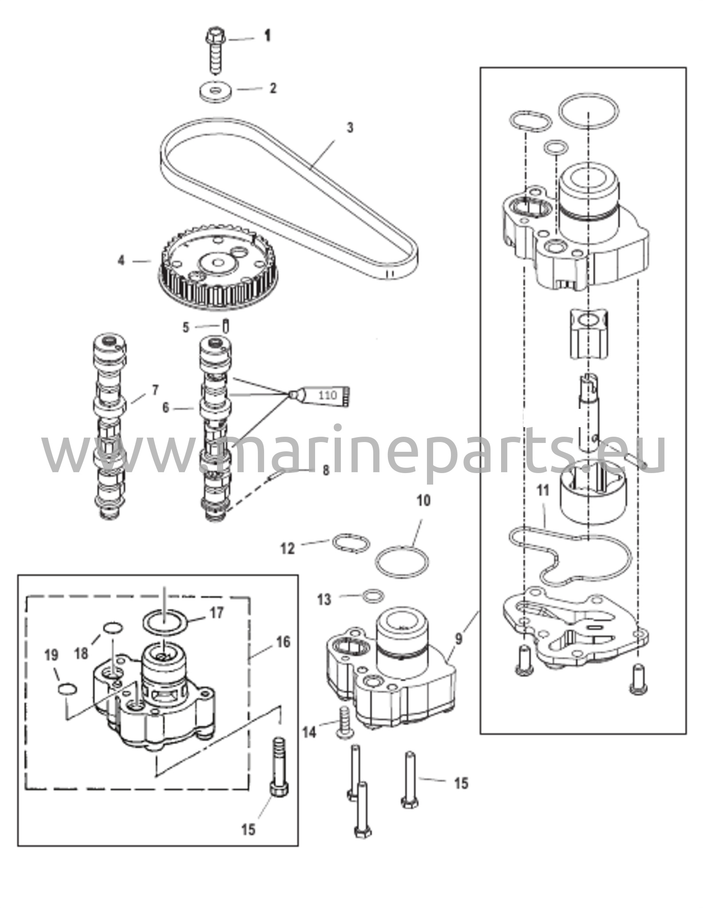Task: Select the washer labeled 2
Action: pos(216,91)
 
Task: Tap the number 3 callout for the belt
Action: pos(350,128)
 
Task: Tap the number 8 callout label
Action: pos(326,470)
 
